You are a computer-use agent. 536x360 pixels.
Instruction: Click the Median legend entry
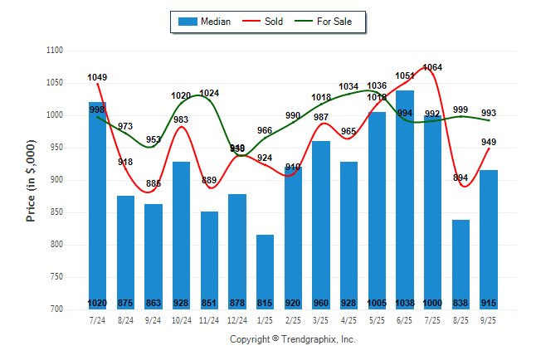click(204, 22)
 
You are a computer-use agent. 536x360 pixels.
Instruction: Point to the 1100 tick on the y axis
click(54, 51)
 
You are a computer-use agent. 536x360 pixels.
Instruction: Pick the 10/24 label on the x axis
click(181, 319)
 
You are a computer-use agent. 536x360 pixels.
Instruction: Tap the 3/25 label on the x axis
click(321, 319)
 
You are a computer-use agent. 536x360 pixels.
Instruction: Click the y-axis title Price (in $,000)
click(32, 179)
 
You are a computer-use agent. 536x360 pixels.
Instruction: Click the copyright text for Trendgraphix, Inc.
click(292, 339)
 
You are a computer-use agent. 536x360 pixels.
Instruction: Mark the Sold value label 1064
click(432, 68)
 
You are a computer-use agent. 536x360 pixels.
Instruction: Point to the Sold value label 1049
click(97, 78)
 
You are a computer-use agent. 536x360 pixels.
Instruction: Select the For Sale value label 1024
click(209, 94)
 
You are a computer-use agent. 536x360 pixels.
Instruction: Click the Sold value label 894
click(460, 178)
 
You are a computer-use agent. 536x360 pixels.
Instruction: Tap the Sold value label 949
click(489, 142)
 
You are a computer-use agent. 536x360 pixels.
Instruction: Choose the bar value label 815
click(265, 303)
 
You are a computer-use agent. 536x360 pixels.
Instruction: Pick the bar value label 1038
click(405, 303)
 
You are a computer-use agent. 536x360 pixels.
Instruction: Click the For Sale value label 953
click(153, 140)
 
